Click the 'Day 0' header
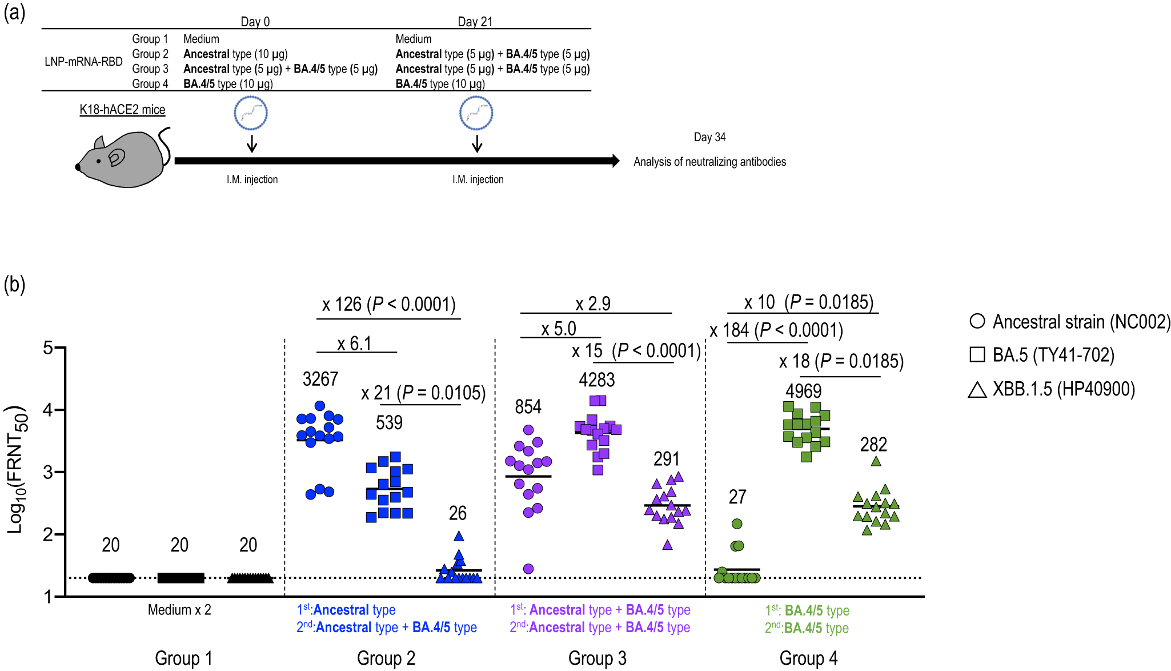pyautogui.click(x=255, y=22)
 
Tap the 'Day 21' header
pyautogui.click(x=475, y=22)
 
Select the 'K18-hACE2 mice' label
pyautogui.click(x=122, y=109)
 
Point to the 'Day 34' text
pyautogui.click(x=709, y=137)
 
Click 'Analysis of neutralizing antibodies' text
pyautogui.click(x=709, y=162)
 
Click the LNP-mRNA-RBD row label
pyautogui.click(x=83, y=62)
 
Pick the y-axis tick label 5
pyautogui.click(x=48, y=348)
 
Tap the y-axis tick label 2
pyautogui.click(x=48, y=534)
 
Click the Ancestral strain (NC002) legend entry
pyautogui.click(x=1070, y=322)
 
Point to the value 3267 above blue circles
pyautogui.click(x=320, y=379)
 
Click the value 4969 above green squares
pyautogui.click(x=803, y=391)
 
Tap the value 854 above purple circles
pyautogui.click(x=528, y=407)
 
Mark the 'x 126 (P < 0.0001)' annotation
pyautogui.click(x=389, y=304)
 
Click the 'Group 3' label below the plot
pyautogui.click(x=597, y=658)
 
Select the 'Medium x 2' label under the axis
pyautogui.click(x=179, y=610)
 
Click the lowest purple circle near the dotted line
pyautogui.click(x=528, y=569)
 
